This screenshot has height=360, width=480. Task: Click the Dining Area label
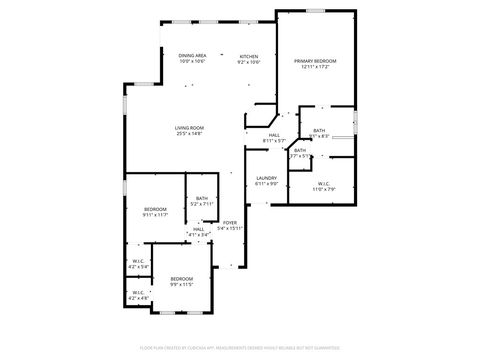click(192, 55)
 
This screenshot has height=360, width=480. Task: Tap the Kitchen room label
click(248, 56)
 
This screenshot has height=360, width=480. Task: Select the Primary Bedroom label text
click(315, 61)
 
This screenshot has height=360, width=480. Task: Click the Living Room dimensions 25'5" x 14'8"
click(190, 134)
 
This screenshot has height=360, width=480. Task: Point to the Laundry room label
click(266, 177)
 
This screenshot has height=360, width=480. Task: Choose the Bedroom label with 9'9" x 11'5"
click(181, 278)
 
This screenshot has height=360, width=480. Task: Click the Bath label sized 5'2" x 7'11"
click(202, 198)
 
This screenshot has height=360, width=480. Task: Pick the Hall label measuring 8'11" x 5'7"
click(274, 135)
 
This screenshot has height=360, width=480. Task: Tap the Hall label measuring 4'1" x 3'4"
click(199, 228)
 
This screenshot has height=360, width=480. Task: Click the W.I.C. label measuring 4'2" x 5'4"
click(138, 262)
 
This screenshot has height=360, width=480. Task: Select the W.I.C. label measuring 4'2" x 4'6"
click(138, 293)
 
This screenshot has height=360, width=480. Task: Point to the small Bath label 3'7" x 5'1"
click(299, 150)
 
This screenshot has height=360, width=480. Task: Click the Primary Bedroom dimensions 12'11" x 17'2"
click(315, 68)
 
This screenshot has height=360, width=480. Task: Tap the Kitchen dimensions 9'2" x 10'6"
click(248, 62)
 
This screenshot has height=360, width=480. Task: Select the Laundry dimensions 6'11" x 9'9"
click(266, 184)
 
